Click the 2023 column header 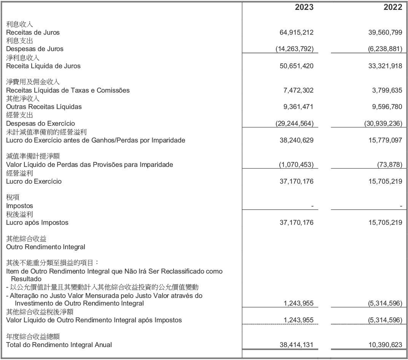[304, 8]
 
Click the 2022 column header [393, 8]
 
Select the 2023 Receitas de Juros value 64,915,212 [296, 32]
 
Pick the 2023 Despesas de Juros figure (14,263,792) [294, 49]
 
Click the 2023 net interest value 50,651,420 [296, 66]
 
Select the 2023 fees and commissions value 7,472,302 [298, 90]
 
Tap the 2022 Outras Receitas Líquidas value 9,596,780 [387, 107]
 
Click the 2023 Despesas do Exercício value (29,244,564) [294, 123]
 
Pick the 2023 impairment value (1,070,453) [296, 165]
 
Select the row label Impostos [20, 206]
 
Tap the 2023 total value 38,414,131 [296, 345]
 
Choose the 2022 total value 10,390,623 [385, 345]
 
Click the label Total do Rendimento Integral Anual [59, 345]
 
